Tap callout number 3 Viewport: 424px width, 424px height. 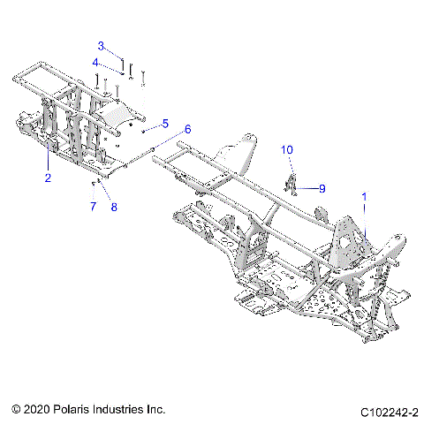click(101, 46)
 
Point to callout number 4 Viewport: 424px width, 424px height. click(96, 62)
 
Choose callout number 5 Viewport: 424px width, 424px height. click(164, 123)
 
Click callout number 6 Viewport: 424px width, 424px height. click(187, 129)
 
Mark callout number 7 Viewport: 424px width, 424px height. click(92, 207)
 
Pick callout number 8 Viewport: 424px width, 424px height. click(113, 207)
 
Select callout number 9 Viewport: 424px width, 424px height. click(322, 188)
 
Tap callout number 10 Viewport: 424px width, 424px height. click(286, 151)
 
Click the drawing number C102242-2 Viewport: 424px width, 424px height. click(389, 412)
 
